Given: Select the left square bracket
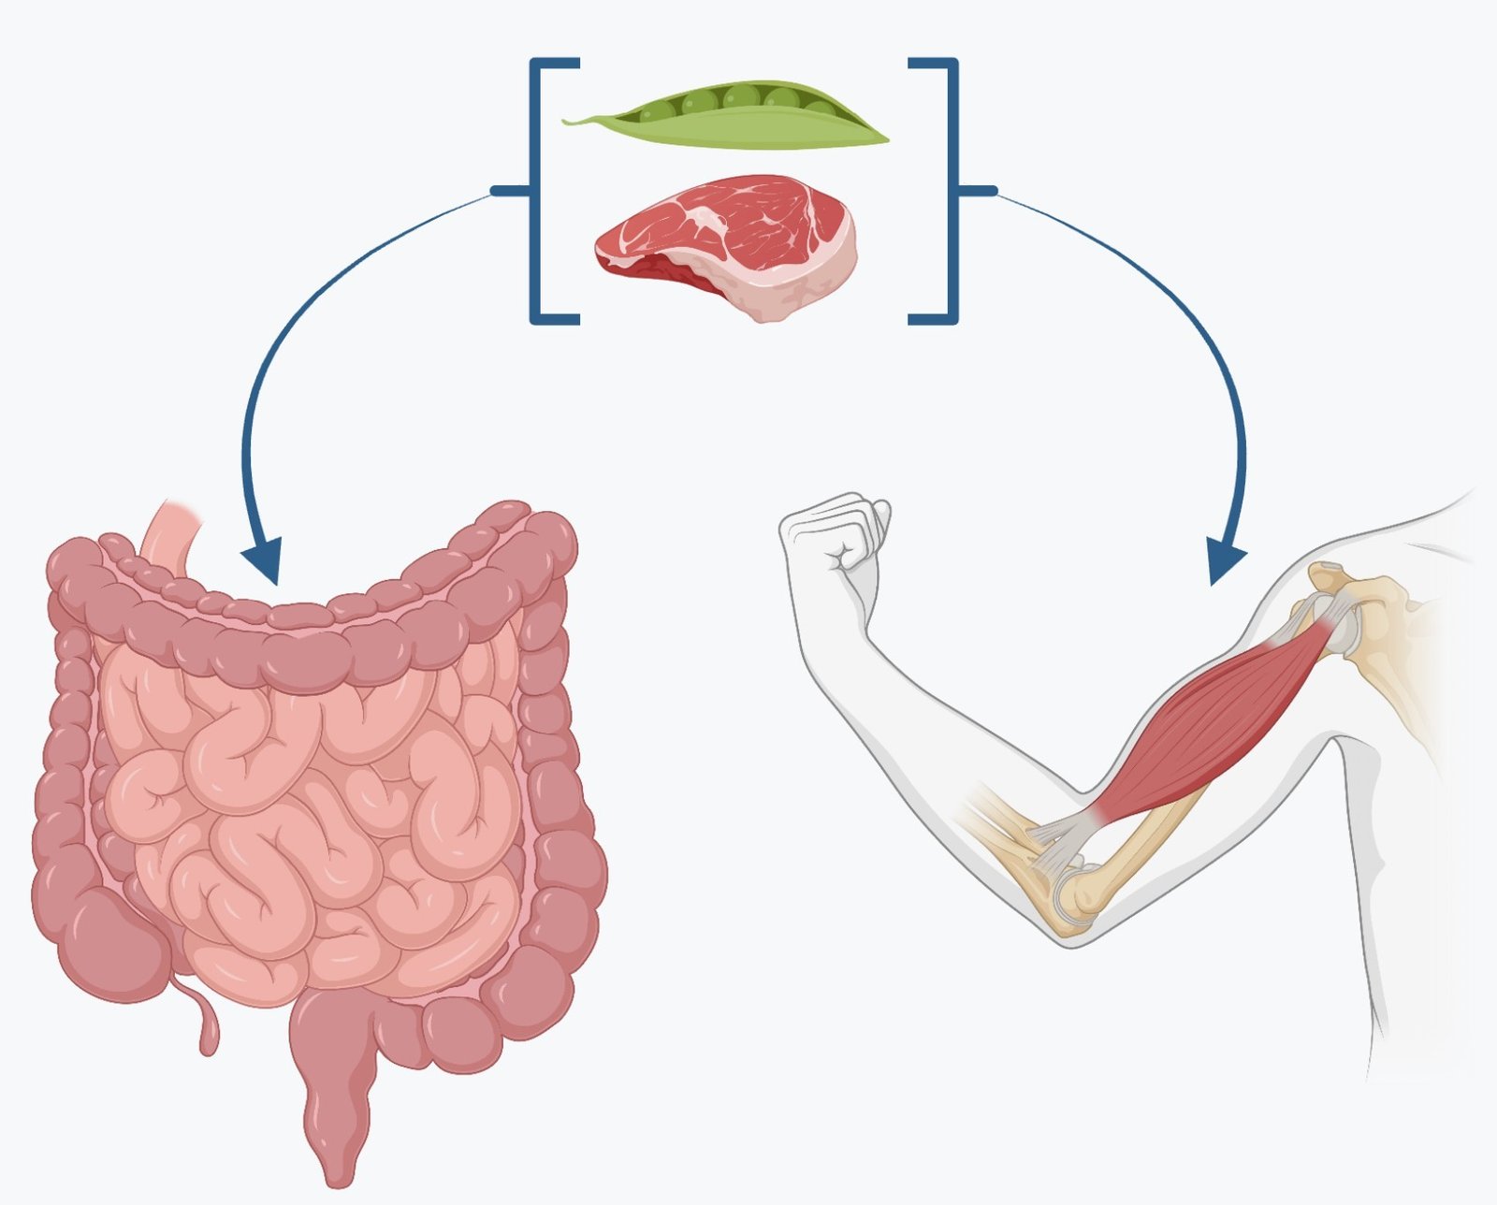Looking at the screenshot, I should click(x=537, y=191).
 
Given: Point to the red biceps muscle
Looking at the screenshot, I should click(x=1216, y=720).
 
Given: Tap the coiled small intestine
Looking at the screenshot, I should click(x=309, y=814).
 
